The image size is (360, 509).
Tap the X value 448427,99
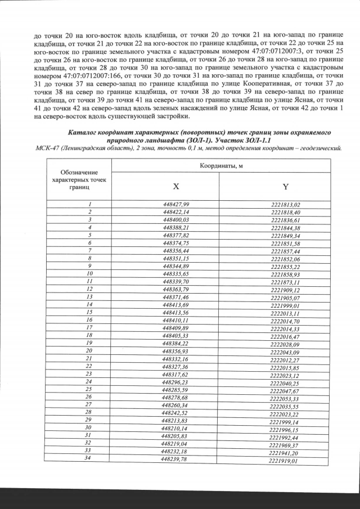click(176, 204)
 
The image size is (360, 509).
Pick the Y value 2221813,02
click(286, 204)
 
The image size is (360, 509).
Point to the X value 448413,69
click(176, 304)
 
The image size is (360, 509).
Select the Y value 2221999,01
click(285, 304)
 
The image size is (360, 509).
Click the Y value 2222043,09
click(285, 352)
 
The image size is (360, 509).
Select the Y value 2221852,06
click(285, 258)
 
